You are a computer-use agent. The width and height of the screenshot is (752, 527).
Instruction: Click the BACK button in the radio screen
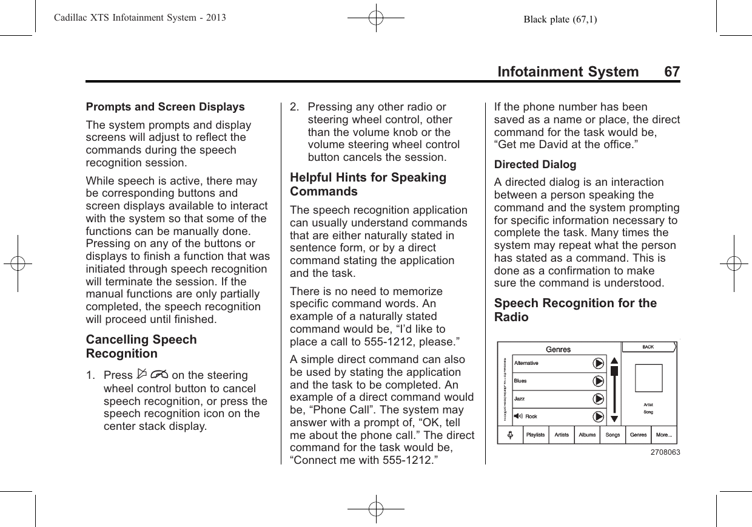click(x=648, y=347)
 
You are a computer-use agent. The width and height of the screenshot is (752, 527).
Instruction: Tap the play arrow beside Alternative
click(x=599, y=363)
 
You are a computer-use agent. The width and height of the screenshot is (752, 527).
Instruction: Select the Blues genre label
click(x=520, y=381)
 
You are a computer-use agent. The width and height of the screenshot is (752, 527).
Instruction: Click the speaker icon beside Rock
click(x=519, y=416)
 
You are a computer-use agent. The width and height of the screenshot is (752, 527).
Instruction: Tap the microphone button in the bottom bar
click(x=510, y=435)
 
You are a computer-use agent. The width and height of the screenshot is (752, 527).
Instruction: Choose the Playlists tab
click(x=535, y=435)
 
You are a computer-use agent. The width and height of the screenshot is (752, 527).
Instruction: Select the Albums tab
click(x=587, y=435)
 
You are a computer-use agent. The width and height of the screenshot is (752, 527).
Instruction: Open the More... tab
click(x=663, y=435)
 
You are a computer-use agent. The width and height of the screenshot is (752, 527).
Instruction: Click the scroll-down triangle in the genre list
click(x=614, y=418)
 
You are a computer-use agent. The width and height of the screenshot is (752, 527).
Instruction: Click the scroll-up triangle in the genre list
click(x=614, y=359)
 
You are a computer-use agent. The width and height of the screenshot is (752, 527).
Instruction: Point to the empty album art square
click(x=649, y=378)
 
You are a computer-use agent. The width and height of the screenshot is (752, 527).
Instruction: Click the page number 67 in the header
click(x=672, y=72)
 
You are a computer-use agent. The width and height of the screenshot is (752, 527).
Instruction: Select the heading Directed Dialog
click(x=535, y=165)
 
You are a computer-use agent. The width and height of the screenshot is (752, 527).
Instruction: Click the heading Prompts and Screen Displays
click(x=166, y=107)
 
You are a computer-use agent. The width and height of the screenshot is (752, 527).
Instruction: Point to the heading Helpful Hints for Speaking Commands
click(x=368, y=185)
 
